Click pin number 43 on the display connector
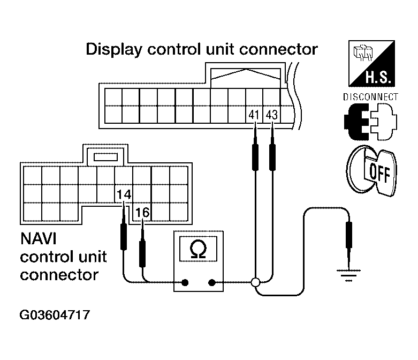(x=272, y=115)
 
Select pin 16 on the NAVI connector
(x=142, y=213)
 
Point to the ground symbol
(x=348, y=275)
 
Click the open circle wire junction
(x=255, y=282)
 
